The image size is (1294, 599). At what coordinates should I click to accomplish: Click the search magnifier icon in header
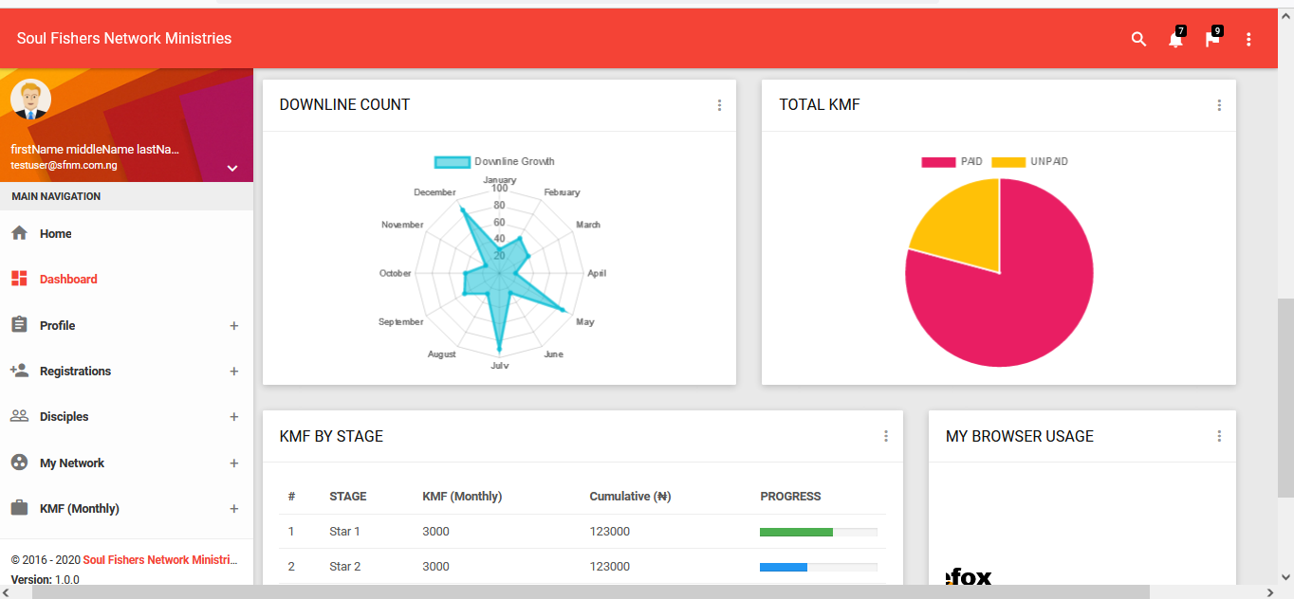[x=1138, y=39]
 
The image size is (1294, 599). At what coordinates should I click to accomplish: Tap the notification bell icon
[x=1175, y=39]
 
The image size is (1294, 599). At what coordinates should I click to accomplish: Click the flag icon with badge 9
[x=1211, y=39]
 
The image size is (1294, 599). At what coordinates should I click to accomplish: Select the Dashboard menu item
[x=68, y=280]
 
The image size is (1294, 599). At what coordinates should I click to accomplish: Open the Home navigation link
[x=55, y=234]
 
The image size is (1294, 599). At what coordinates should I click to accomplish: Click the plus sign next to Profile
[x=234, y=326]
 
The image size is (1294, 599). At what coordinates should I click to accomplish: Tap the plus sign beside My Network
[x=234, y=463]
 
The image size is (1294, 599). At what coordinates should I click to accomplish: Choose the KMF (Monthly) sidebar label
[x=79, y=508]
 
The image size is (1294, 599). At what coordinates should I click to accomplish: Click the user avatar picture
[x=30, y=100]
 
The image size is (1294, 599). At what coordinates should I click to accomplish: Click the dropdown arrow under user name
[x=232, y=169]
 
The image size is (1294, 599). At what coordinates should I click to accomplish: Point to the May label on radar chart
[x=585, y=322]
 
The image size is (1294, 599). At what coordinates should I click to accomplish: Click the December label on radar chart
[x=434, y=192]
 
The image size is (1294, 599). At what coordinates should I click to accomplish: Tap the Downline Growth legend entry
[x=494, y=161]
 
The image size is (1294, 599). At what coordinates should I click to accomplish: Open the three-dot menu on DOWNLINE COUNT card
[x=719, y=105]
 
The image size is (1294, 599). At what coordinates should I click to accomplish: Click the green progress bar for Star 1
[x=796, y=532]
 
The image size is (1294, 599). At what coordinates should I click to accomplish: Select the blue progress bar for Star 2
[x=784, y=568]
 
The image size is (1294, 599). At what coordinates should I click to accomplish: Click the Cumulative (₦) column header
[x=630, y=497]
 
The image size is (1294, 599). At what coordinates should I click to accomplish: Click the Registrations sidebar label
[x=75, y=371]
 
